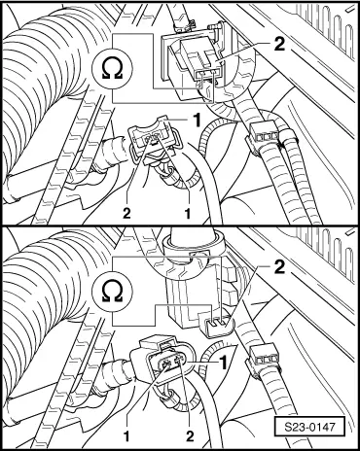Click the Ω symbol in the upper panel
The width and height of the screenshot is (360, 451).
click(109, 68)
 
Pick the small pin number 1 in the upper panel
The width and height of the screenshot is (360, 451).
click(184, 211)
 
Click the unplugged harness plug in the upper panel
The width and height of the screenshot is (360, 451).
click(151, 146)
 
